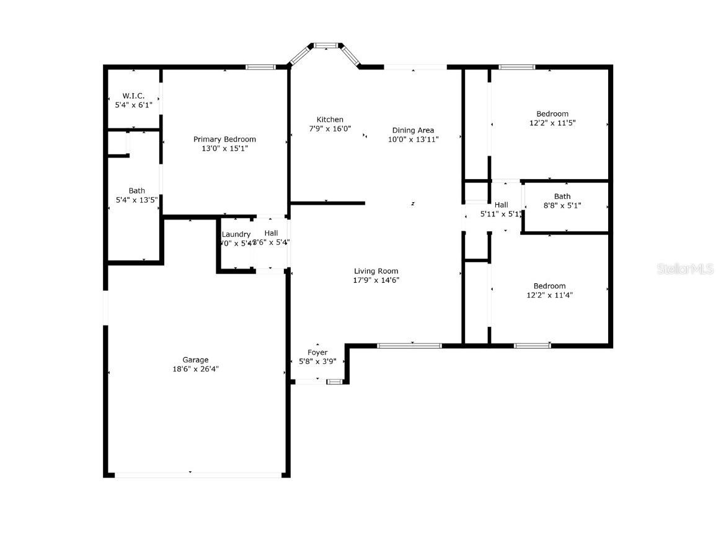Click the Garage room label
coord(195,360)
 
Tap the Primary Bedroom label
coord(224,140)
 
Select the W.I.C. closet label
coord(133,96)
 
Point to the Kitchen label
coord(330,120)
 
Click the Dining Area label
coord(413,130)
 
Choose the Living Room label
coord(376,271)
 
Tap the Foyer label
coord(317,352)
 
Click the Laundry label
coord(236,234)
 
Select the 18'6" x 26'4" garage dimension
coord(195,369)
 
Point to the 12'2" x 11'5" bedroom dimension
coord(552,123)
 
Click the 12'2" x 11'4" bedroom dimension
coord(549,295)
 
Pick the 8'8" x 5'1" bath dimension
coord(562,205)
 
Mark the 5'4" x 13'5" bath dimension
coord(137,200)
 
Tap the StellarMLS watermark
coord(686,269)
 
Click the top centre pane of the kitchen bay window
coord(325,45)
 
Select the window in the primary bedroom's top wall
coord(260,67)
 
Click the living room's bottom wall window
coord(409,345)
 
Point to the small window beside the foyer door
coord(335,382)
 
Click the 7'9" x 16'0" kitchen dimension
coord(330,129)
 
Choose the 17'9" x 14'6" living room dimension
coord(376,280)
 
